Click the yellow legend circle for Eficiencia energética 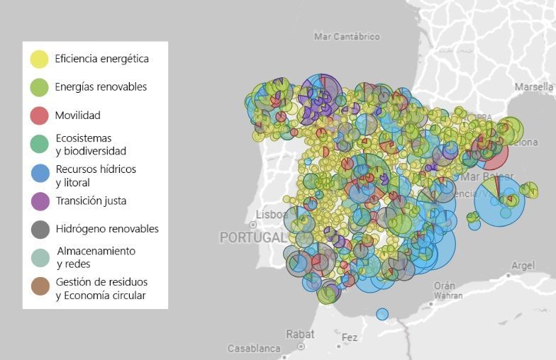pos(40,59)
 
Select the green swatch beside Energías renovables pos(40,87)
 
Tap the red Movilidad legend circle pos(40,116)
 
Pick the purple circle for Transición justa pos(40,201)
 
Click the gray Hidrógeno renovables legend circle pos(40,229)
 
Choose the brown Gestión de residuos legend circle pos(40,286)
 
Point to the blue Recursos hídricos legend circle pos(40,172)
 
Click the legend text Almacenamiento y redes pos(95,257)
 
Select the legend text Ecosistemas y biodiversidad pos(90,144)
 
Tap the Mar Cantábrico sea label pos(346,36)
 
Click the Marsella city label pos(534,86)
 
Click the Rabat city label pos(300,334)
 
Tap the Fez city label pos(350,337)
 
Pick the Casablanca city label pos(254,349)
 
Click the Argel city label pos(523,265)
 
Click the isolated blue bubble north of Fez pos(382,314)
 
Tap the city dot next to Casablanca pos(301,347)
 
